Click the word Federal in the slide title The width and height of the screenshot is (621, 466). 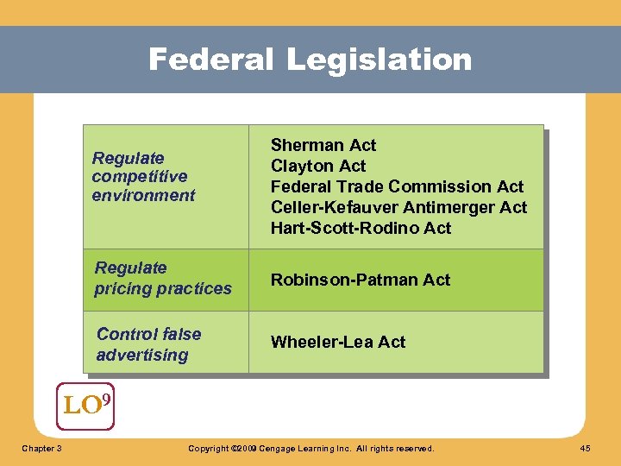coord(211,60)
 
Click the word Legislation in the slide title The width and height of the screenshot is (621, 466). coord(379,60)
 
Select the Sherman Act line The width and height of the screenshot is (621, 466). coord(323,145)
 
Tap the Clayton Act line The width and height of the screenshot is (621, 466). coord(318,166)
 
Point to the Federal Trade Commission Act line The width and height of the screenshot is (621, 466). coord(397,186)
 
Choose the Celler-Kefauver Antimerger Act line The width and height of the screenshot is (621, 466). coord(398,207)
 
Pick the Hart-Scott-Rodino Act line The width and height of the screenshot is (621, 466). coord(361,228)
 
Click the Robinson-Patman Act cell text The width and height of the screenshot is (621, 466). coord(361,280)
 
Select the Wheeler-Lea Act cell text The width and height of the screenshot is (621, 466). coord(338,342)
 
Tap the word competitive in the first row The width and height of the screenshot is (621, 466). coord(139,177)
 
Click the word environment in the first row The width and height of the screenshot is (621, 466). coord(143,196)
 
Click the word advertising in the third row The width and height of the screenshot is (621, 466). coord(141,355)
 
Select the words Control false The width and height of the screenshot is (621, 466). coord(148,334)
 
